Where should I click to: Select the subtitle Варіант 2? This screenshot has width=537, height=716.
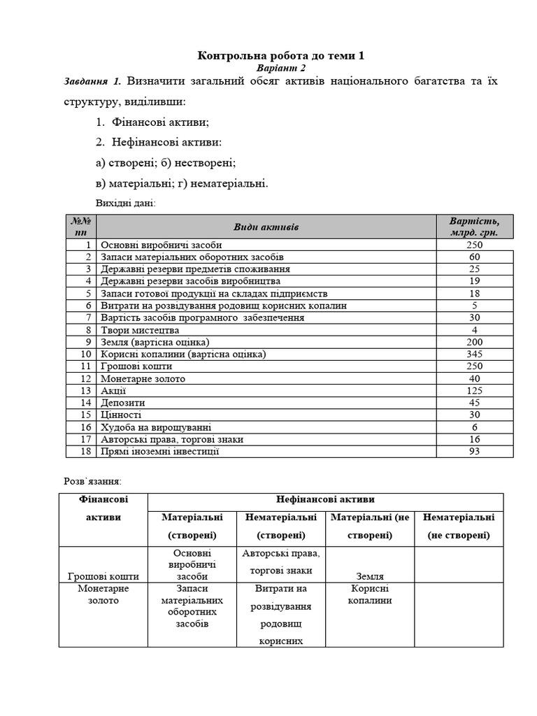[281, 69]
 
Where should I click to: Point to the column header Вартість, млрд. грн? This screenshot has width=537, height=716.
[475, 227]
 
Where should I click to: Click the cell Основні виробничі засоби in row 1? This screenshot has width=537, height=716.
[162, 245]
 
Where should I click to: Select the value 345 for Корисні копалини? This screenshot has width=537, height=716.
[475, 355]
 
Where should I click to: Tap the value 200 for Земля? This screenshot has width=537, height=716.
[475, 343]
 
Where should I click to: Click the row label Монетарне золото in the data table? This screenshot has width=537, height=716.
[143, 379]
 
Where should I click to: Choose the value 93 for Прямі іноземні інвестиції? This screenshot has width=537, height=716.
[475, 452]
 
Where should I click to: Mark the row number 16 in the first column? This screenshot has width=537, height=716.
[86, 427]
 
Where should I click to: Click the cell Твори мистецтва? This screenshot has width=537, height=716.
[140, 330]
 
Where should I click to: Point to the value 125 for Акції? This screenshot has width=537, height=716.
[475, 391]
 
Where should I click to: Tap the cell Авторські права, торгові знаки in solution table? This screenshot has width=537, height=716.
[281, 562]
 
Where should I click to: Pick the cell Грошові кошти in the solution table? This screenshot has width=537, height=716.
[103, 576]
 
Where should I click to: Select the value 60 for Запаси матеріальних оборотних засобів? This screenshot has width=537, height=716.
[475, 257]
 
